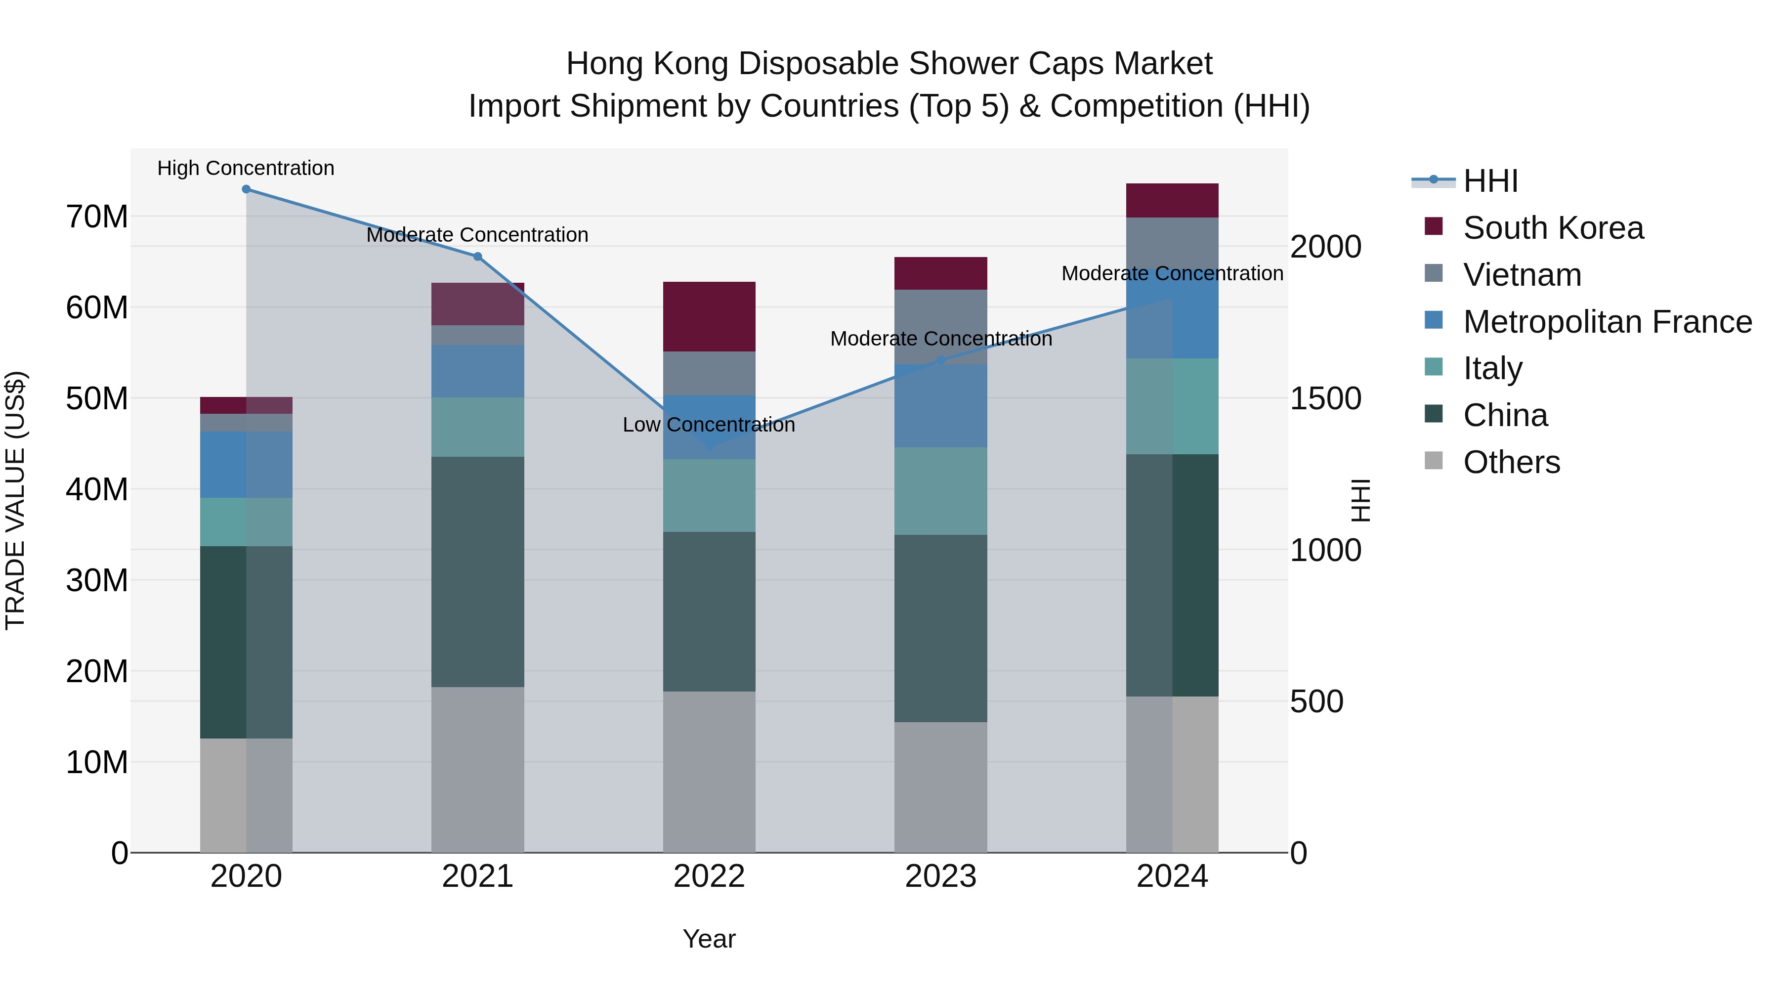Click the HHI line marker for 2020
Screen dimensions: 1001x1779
coord(246,189)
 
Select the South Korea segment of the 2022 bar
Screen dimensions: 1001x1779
coord(709,316)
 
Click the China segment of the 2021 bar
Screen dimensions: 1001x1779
coord(477,571)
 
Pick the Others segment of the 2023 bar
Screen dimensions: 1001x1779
coord(940,787)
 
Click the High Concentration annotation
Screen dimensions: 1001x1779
coord(246,168)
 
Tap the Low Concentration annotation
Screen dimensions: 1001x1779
coord(709,425)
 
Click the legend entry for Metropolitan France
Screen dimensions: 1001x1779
coord(1607,322)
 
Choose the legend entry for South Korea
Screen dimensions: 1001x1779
coord(1553,228)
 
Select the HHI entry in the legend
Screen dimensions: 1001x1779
coord(1490,181)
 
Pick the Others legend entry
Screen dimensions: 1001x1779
coord(1511,462)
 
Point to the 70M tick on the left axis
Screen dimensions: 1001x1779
coord(97,217)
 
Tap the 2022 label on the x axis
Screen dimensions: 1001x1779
coord(709,876)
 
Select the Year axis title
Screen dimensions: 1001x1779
coord(709,939)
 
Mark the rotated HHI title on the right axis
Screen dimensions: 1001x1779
coord(1360,500)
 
